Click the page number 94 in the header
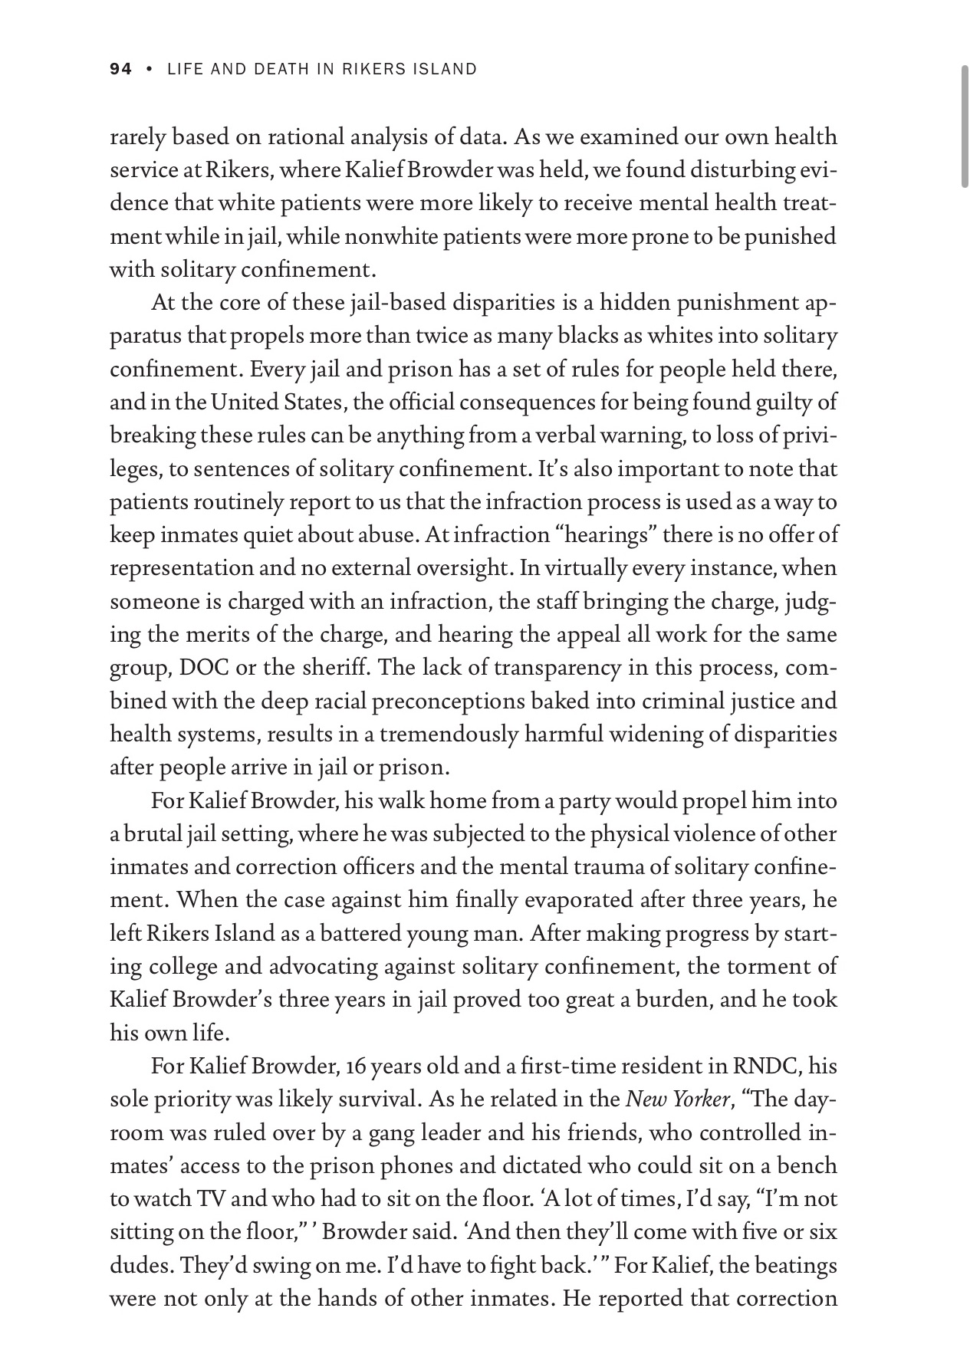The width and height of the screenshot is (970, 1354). tap(120, 69)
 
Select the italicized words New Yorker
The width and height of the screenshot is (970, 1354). tap(676, 1099)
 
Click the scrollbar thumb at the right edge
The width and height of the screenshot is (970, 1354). tap(964, 127)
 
